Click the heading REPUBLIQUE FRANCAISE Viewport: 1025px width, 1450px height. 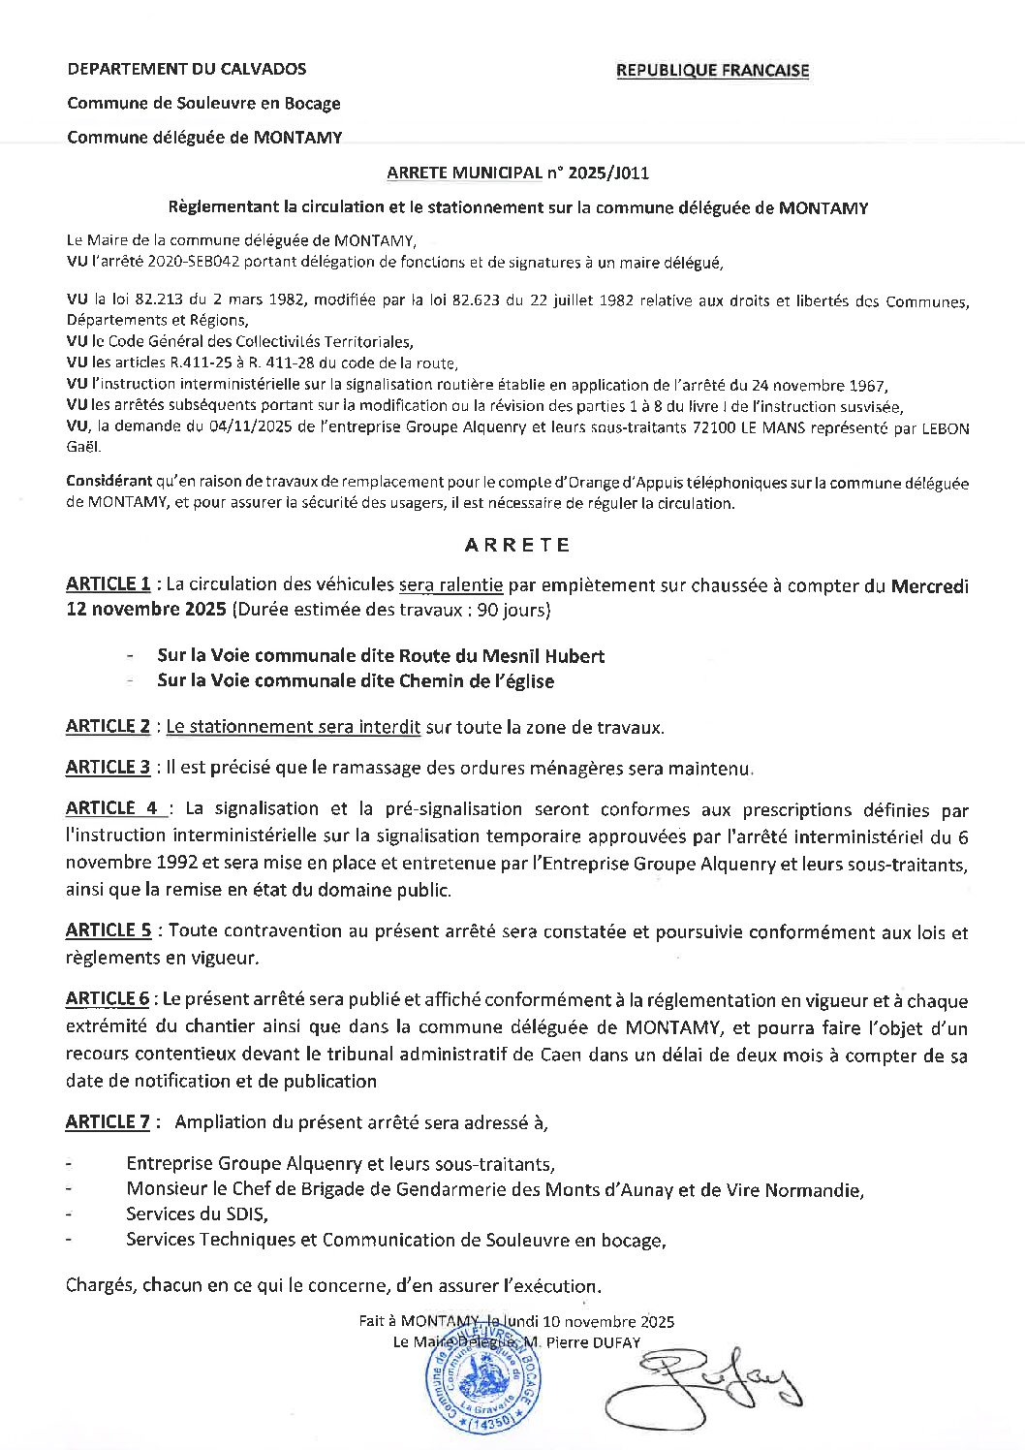point(712,70)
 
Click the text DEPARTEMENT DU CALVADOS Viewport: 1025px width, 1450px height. point(186,69)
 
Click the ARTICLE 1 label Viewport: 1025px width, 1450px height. point(108,584)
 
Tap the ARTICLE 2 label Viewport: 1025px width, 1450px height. point(108,726)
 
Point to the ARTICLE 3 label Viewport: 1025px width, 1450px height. point(108,768)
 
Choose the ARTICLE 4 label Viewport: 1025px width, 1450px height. point(114,808)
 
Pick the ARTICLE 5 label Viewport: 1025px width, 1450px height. point(109,931)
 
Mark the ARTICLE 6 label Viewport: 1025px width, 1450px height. point(108,999)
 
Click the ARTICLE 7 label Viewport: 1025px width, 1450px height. point(108,1122)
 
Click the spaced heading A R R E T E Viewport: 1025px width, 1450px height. point(516,545)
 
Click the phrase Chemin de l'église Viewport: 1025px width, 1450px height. point(477,681)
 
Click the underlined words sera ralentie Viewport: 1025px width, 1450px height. point(450,584)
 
